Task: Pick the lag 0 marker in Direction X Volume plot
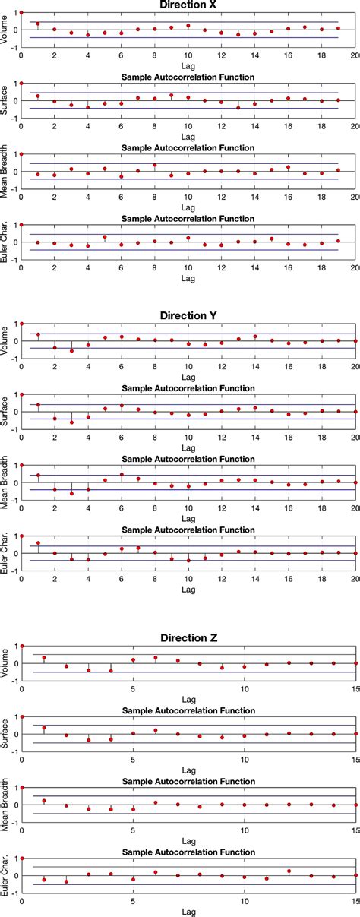point(21,12)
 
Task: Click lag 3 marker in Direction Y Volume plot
point(71,351)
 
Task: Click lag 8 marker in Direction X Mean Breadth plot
point(155,165)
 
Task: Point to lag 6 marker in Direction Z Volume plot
point(156,658)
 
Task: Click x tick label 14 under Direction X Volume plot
point(254,55)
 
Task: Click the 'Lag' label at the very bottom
point(190,912)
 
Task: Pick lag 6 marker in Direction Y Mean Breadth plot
point(122,475)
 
